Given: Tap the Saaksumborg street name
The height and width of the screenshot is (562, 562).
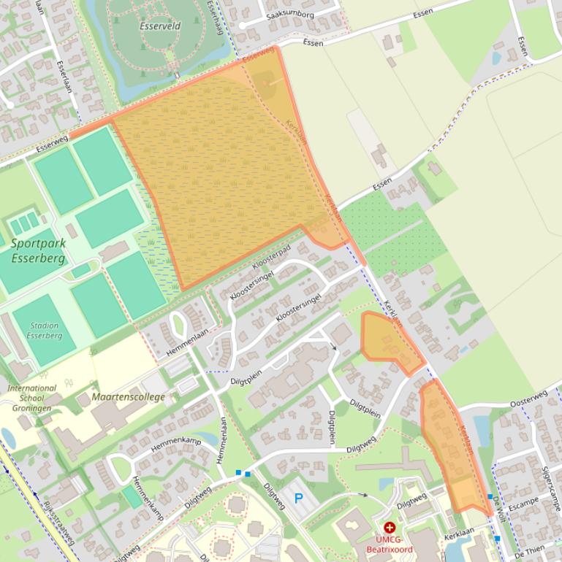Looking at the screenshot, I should coord(291,15).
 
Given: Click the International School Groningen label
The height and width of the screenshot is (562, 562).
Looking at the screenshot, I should coord(31,398).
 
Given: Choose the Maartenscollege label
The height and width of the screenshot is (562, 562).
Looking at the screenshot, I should coord(129,397).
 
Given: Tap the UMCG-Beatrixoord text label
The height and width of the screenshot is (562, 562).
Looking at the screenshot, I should coord(389,544).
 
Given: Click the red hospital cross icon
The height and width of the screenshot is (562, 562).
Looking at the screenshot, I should coord(389,527).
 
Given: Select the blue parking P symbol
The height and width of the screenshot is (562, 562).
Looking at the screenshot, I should coord(298,499).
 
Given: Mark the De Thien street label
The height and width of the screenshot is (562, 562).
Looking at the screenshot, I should coord(531,553).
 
